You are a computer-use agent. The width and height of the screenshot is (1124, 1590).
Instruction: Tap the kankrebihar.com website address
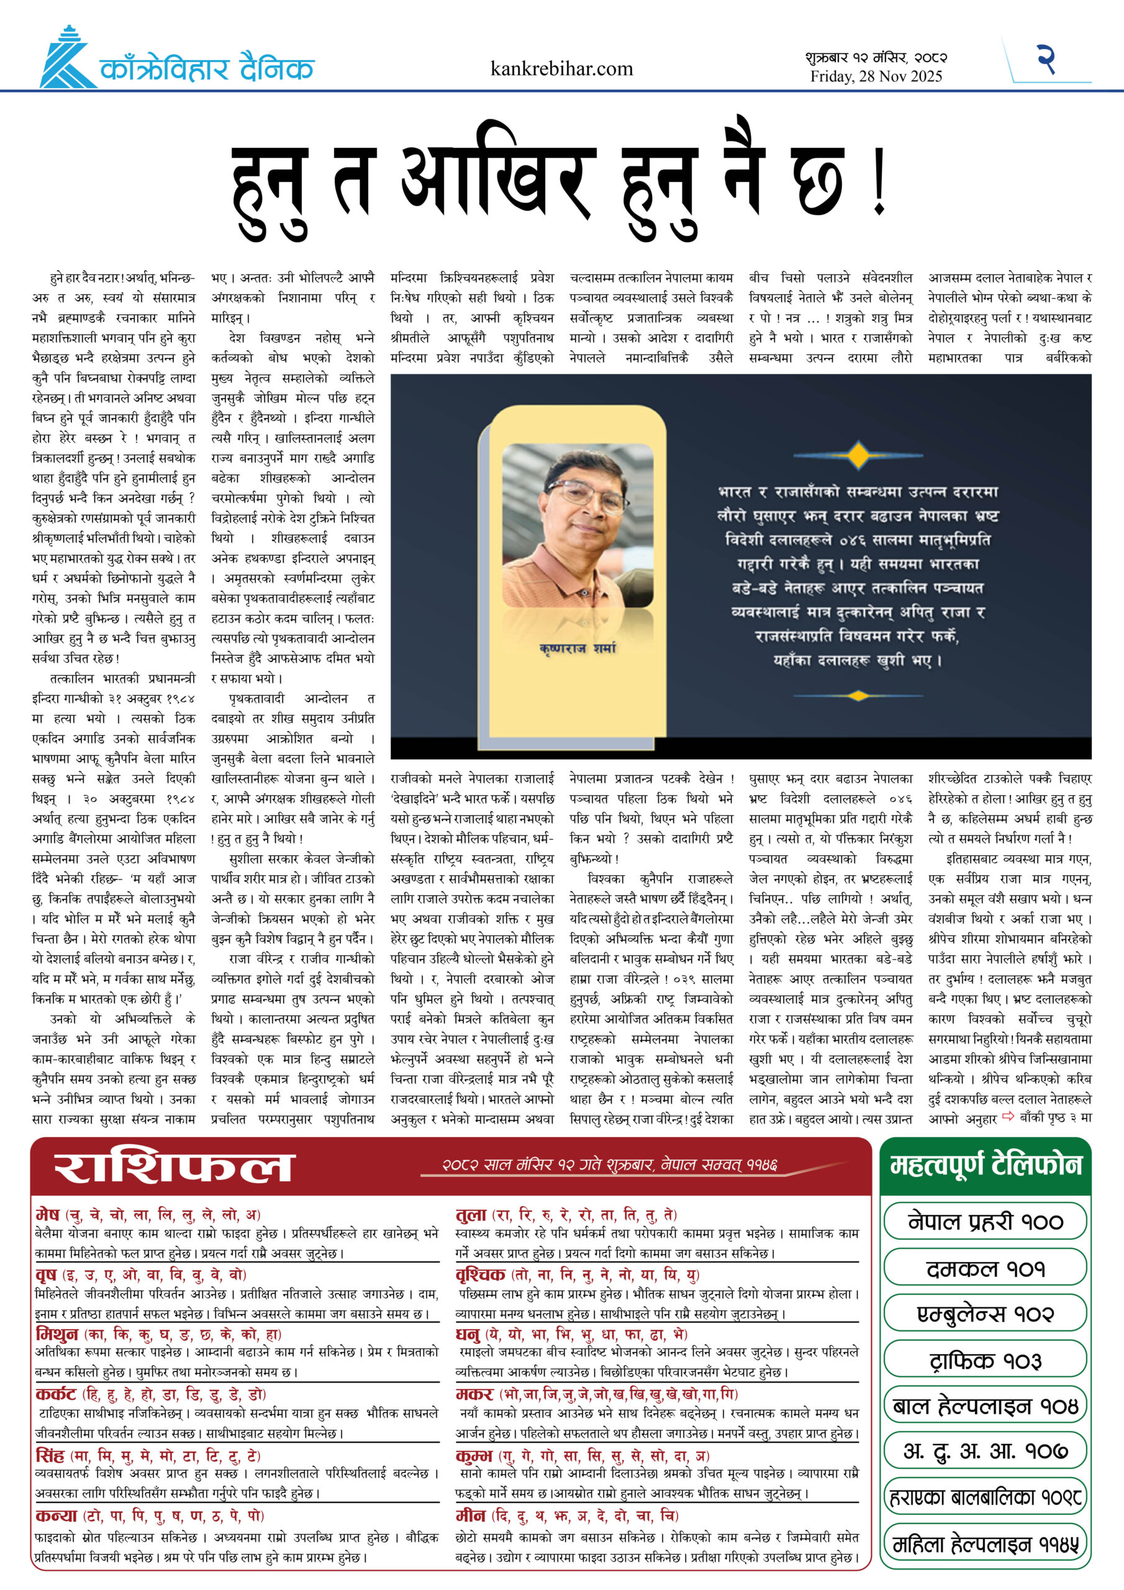click(561, 68)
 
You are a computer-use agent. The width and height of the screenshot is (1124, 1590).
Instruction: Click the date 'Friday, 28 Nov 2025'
click(876, 77)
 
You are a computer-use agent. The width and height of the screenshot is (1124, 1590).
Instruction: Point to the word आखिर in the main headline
click(499, 181)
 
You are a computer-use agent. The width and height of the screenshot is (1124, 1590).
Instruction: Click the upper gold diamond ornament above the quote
click(859, 455)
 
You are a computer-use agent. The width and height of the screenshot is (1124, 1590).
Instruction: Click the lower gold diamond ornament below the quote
click(859, 695)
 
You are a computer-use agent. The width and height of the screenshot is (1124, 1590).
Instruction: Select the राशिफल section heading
click(174, 1168)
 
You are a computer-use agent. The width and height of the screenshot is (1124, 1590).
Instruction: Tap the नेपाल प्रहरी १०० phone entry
click(985, 1222)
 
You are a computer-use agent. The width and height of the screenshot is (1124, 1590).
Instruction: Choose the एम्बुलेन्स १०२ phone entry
click(985, 1314)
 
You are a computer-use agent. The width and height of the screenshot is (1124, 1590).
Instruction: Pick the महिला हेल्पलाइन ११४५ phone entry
click(985, 1544)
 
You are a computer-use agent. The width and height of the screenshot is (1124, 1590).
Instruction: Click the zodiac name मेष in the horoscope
click(48, 1214)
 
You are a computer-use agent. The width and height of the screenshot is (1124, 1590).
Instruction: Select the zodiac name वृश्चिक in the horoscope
click(481, 1274)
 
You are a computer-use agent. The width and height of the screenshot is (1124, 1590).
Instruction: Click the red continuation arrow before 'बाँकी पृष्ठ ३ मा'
click(1008, 1116)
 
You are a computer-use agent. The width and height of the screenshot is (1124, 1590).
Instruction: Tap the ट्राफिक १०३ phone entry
click(985, 1360)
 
